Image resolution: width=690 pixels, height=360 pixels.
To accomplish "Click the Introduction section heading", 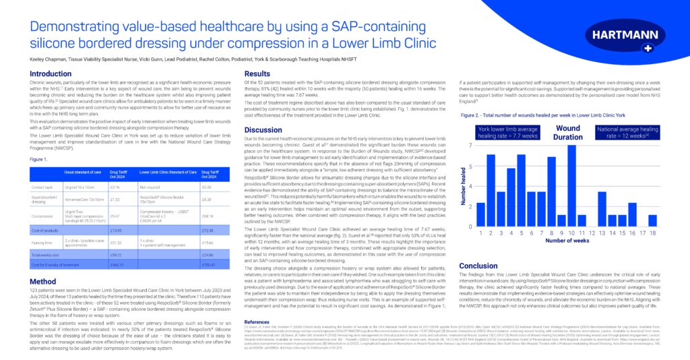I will click(51, 73).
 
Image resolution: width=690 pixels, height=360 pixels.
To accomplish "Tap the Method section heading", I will click(42, 281).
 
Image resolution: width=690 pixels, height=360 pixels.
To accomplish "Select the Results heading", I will click(257, 73).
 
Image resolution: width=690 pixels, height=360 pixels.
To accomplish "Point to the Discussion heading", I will click(263, 129).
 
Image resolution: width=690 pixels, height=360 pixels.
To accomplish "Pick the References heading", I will click(256, 322).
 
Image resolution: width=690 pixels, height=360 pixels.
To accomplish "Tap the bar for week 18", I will click(652, 220).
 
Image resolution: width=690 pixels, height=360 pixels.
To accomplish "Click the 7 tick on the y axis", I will click(470, 146).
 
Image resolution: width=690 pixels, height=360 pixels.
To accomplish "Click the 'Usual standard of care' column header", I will click(83, 172).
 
